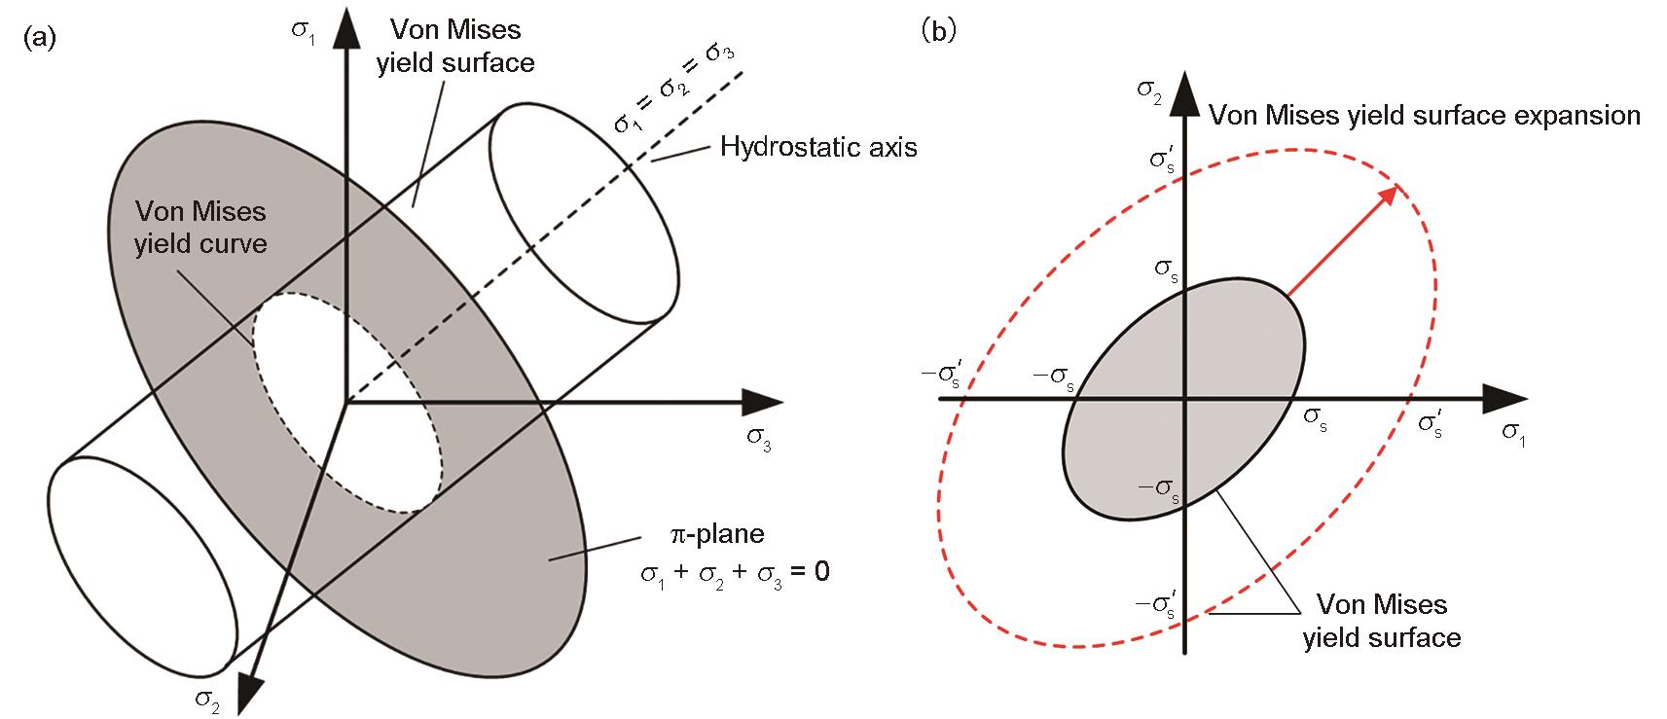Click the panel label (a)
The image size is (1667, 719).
[40, 37]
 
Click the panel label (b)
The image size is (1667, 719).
[939, 30]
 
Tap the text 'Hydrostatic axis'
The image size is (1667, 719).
[817, 147]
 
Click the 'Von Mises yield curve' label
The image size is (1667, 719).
[200, 227]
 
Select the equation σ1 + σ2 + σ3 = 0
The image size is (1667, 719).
[735, 573]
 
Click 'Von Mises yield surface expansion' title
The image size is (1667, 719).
[1425, 116]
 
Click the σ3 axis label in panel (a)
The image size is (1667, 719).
[759, 439]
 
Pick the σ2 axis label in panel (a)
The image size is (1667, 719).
[207, 701]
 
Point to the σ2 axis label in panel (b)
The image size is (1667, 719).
[1149, 92]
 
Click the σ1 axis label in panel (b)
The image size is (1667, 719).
[1513, 434]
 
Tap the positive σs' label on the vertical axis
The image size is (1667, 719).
[1162, 160]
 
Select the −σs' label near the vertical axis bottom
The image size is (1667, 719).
[1156, 604]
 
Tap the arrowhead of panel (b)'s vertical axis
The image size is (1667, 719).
[1184, 93]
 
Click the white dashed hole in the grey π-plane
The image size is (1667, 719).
[346, 403]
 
